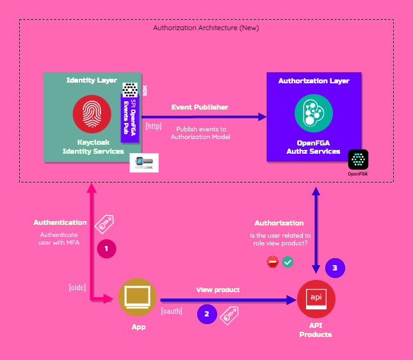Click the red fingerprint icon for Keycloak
pyautogui.click(x=92, y=113)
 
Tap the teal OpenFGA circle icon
pyautogui.click(x=313, y=113)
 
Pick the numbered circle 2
pyautogui.click(x=206, y=314)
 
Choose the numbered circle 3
pyautogui.click(x=334, y=268)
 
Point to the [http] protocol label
pyautogui.click(x=154, y=126)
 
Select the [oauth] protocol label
pyautogui.click(x=172, y=311)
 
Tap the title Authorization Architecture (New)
pyautogui.click(x=206, y=28)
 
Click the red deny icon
pyautogui.click(x=272, y=261)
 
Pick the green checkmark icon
pyautogui.click(x=288, y=261)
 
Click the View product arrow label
pyautogui.click(x=218, y=290)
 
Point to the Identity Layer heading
pyautogui.click(x=92, y=81)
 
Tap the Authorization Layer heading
pyautogui.click(x=314, y=81)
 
